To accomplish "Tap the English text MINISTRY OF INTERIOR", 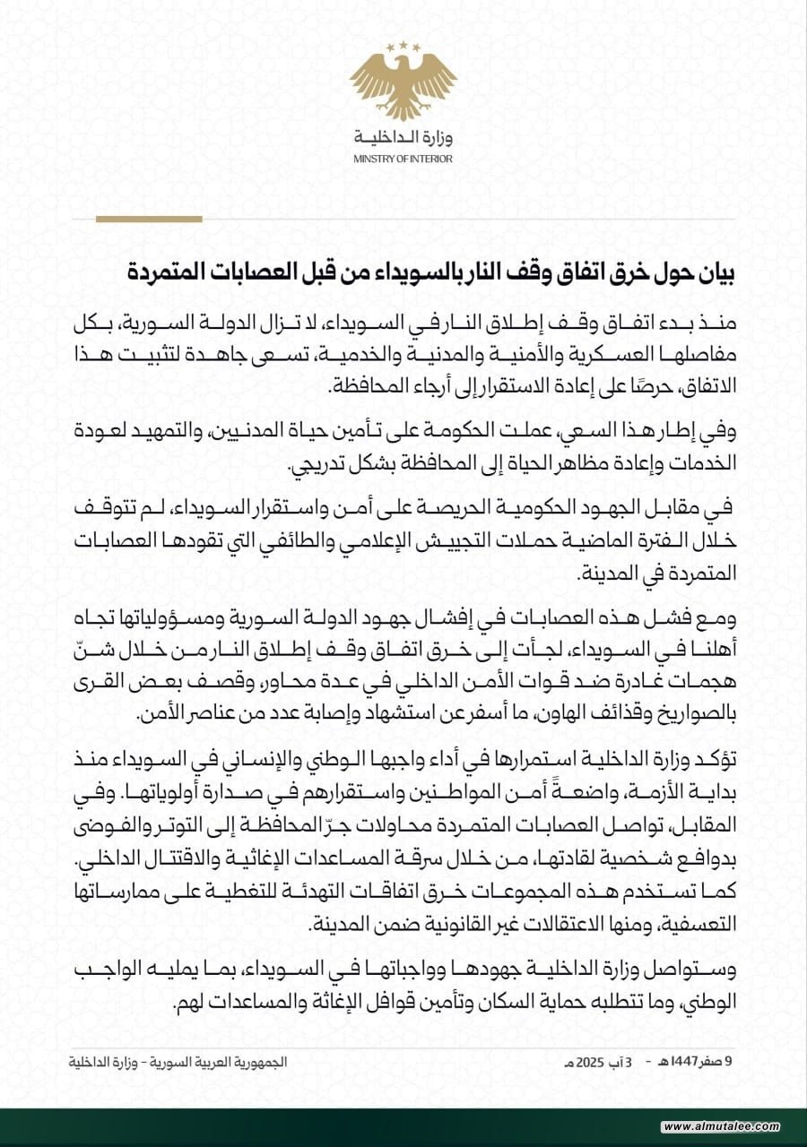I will click(403, 159).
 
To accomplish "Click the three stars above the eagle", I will click(403, 46).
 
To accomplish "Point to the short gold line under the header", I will click(148, 219).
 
